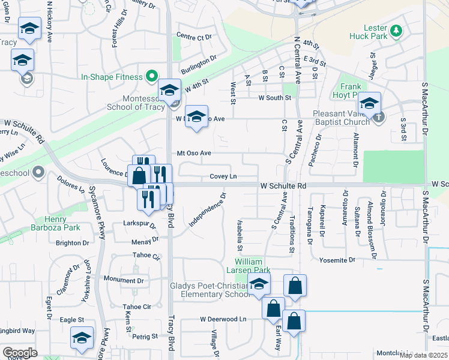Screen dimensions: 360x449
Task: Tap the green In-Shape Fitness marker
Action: click(x=152, y=77)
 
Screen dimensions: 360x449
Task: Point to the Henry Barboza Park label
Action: click(x=63, y=224)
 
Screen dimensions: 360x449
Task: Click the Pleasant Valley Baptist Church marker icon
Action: click(x=378, y=117)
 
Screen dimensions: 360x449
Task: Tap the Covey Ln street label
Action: click(x=223, y=176)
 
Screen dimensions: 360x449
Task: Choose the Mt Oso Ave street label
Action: click(x=193, y=153)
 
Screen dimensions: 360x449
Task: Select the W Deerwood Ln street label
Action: click(x=223, y=319)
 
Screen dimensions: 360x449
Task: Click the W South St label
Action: click(x=275, y=98)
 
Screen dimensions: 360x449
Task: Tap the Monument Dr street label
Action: click(x=124, y=280)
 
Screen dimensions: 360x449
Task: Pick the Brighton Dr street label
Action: click(x=72, y=243)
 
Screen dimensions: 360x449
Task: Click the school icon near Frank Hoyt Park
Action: click(x=369, y=103)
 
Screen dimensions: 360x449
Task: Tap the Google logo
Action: click(x=20, y=353)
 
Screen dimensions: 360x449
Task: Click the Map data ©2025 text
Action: click(x=423, y=355)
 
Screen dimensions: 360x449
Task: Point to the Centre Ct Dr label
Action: click(x=195, y=37)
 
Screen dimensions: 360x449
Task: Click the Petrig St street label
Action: click(x=145, y=337)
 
